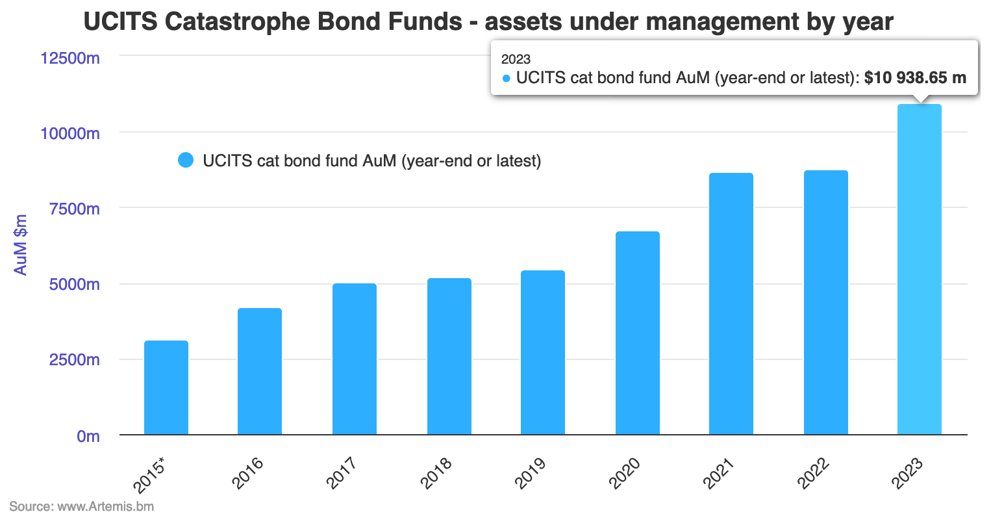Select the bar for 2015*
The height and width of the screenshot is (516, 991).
pyautogui.click(x=166, y=387)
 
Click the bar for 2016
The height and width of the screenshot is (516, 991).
pyautogui.click(x=260, y=371)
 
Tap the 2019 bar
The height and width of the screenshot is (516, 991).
pyautogui.click(x=543, y=352)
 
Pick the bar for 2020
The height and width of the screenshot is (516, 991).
pyautogui.click(x=637, y=333)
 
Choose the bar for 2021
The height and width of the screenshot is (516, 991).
pyautogui.click(x=731, y=303)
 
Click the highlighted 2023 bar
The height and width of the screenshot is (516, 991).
pyautogui.click(x=919, y=269)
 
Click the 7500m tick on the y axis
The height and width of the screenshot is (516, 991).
pyautogui.click(x=74, y=209)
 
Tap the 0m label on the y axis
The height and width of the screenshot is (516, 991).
pyautogui.click(x=88, y=436)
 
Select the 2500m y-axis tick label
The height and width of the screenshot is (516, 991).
pyautogui.click(x=74, y=360)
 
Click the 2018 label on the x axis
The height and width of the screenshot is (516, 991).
pyautogui.click(x=436, y=473)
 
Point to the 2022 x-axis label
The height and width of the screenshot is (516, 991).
pyautogui.click(x=813, y=473)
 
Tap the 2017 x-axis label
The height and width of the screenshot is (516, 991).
pyautogui.click(x=342, y=473)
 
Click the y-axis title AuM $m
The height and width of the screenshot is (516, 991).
pyautogui.click(x=21, y=245)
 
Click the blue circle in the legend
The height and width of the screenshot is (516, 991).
pyautogui.click(x=186, y=161)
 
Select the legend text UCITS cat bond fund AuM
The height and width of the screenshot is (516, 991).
pyautogui.click(x=371, y=161)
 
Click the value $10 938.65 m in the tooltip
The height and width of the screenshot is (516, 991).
pyautogui.click(x=915, y=78)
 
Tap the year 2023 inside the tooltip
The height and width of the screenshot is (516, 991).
pyautogui.click(x=516, y=59)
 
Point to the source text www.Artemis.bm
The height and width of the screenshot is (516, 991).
pyautogui.click(x=106, y=506)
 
